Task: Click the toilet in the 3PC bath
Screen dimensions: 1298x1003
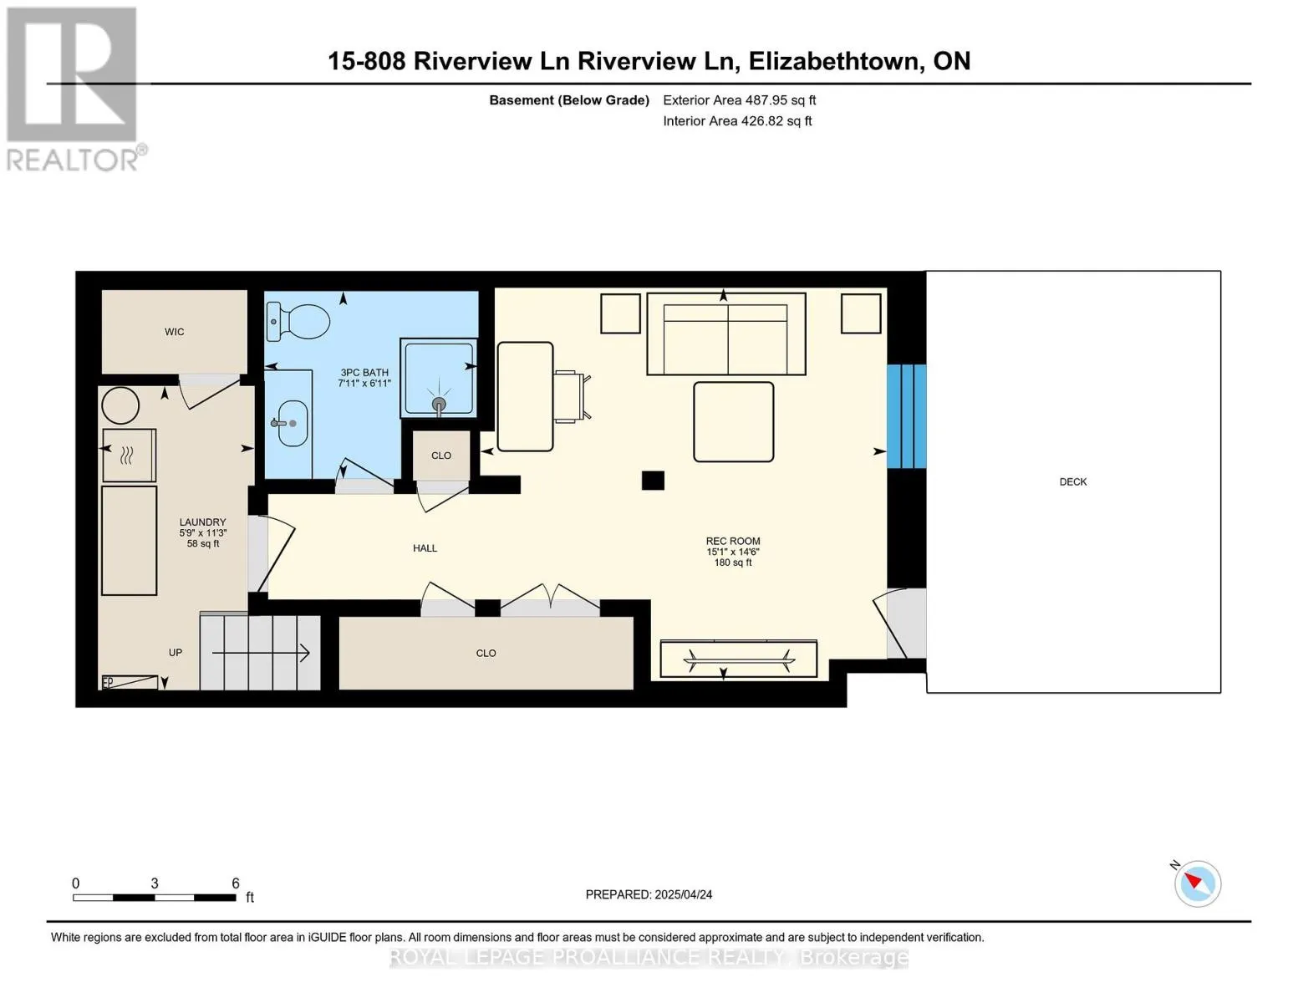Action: (x=298, y=322)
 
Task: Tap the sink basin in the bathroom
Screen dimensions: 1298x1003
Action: (x=293, y=423)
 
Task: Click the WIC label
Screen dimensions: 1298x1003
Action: (x=175, y=332)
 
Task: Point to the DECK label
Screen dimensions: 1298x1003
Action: (x=1073, y=481)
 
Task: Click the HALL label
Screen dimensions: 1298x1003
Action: (x=425, y=547)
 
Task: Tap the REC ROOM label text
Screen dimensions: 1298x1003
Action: (x=733, y=542)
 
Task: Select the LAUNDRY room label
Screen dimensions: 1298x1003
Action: (x=202, y=522)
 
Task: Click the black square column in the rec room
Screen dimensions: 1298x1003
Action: (x=653, y=481)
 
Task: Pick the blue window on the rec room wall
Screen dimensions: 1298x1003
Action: (x=906, y=415)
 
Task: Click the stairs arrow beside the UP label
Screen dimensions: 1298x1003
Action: (x=261, y=653)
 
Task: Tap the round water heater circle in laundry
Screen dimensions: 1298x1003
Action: (x=120, y=405)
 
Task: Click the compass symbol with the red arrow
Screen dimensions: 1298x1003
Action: (x=1197, y=883)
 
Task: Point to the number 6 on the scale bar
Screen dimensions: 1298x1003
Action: (x=236, y=883)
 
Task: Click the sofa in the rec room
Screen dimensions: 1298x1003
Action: (x=726, y=334)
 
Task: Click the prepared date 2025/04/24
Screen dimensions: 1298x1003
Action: (x=684, y=894)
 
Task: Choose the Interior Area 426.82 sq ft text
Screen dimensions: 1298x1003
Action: (x=737, y=121)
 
